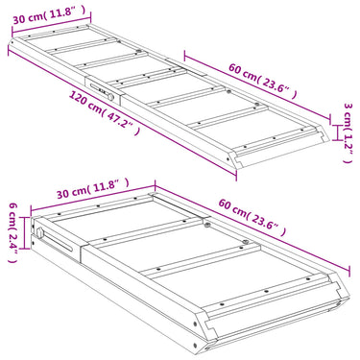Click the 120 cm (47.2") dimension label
105,112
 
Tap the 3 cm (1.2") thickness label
348,132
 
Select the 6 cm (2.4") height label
12,232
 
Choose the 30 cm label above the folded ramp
93,189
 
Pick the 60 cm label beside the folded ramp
252,217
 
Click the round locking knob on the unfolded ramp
110,96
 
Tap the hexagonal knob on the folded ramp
40,232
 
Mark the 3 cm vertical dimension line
336,132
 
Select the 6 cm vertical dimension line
25,232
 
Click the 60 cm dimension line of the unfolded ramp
257,86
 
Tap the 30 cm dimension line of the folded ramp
93,198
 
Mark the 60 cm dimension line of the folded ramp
252,227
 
